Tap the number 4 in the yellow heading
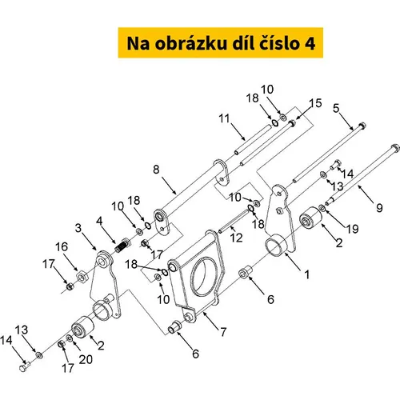[x=310, y=44]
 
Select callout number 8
[x=156, y=170]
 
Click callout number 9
[x=379, y=208]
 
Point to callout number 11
[x=224, y=118]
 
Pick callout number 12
[x=236, y=238]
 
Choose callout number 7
[x=223, y=332]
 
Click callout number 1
[x=307, y=274]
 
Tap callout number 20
[x=86, y=359]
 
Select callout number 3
[x=78, y=228]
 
